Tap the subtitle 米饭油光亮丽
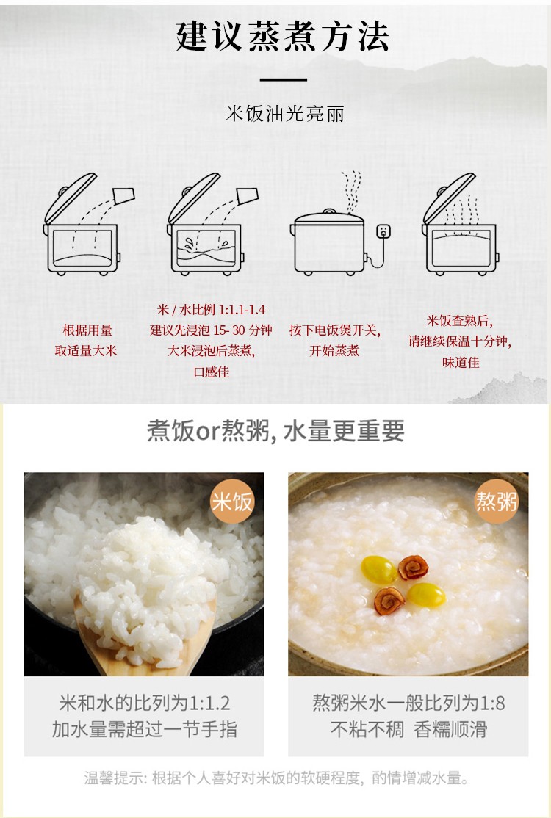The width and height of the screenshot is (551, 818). pyautogui.click(x=285, y=113)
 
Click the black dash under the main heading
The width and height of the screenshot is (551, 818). pyautogui.click(x=284, y=80)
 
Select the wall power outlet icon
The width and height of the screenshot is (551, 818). pyautogui.click(x=383, y=231)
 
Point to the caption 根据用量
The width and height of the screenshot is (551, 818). pyautogui.click(x=87, y=330)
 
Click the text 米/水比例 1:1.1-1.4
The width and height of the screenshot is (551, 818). pyautogui.click(x=212, y=309)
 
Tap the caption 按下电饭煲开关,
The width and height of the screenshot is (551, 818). pyautogui.click(x=335, y=330)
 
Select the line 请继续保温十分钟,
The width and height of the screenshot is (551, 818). pyautogui.click(x=460, y=341)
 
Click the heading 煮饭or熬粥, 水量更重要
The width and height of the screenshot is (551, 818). pyautogui.click(x=275, y=431)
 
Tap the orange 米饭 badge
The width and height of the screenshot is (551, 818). pyautogui.click(x=231, y=502)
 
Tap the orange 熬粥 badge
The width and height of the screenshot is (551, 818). pyautogui.click(x=496, y=502)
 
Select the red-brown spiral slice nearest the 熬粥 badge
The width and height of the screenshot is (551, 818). pyautogui.click(x=413, y=568)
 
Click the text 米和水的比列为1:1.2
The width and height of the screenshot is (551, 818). pyautogui.click(x=144, y=703)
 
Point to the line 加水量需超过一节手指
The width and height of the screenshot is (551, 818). pyautogui.click(x=144, y=729)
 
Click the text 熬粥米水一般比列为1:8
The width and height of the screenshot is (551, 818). pyautogui.click(x=408, y=703)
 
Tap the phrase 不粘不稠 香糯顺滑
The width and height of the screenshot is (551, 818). pyautogui.click(x=408, y=729)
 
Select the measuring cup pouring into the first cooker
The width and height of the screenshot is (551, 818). pyautogui.click(x=123, y=195)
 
